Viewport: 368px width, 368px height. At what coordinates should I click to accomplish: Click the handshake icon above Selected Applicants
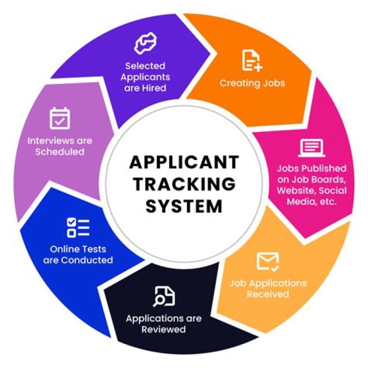(x=145, y=44)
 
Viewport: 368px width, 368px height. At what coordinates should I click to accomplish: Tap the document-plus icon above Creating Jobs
(x=252, y=61)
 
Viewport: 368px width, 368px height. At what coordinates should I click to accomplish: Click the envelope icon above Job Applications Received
(x=268, y=261)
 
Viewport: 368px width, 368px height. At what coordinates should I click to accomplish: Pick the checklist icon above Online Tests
(x=78, y=227)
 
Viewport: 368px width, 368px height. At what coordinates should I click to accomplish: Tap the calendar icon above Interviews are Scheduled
(x=59, y=118)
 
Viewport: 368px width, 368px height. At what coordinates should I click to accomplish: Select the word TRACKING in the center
(x=184, y=184)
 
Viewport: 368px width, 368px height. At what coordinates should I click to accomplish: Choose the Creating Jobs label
(x=252, y=83)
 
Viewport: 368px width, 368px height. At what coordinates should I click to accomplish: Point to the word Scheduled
(x=60, y=152)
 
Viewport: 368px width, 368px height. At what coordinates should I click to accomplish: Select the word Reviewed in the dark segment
(x=164, y=330)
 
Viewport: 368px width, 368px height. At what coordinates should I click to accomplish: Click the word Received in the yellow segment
(x=268, y=294)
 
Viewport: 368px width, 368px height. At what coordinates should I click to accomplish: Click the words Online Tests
(x=78, y=249)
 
